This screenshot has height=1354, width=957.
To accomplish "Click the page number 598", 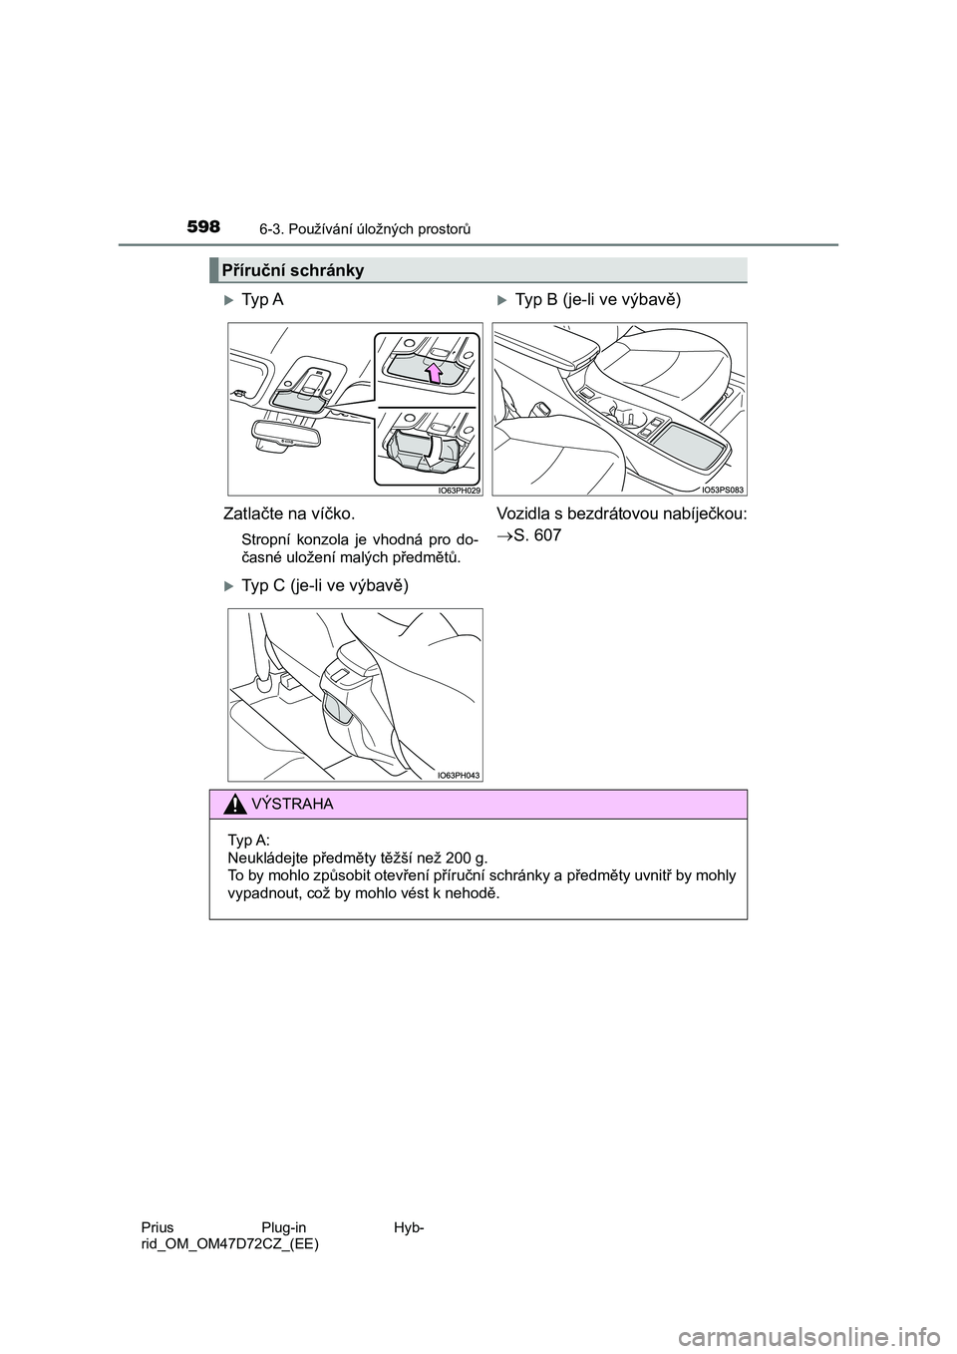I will [202, 227].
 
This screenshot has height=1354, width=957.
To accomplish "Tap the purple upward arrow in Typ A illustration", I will [434, 374].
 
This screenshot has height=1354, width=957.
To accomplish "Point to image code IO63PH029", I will [459, 490].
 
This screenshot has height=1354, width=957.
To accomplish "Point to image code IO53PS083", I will [723, 490].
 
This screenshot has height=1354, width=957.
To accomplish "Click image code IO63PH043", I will [459, 775].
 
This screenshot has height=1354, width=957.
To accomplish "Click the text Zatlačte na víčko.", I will [290, 513].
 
